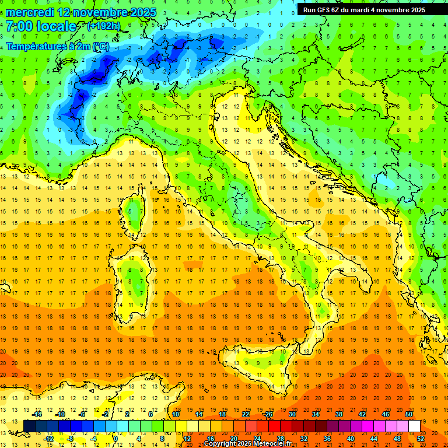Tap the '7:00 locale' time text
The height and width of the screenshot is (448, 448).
click(x=41, y=26)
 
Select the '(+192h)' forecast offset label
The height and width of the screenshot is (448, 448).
click(x=103, y=26)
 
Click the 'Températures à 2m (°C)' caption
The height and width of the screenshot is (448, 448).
click(x=57, y=46)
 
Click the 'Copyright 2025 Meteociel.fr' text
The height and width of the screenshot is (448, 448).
click(x=253, y=444)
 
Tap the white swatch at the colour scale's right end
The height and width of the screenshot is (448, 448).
click(x=414, y=426)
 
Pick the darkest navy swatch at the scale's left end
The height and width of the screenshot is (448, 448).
click(x=29, y=426)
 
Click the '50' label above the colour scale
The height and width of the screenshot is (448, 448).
click(x=409, y=414)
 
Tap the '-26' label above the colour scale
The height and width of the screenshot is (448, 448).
click(x=268, y=414)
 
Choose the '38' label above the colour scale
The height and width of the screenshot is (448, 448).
click(x=338, y=414)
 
